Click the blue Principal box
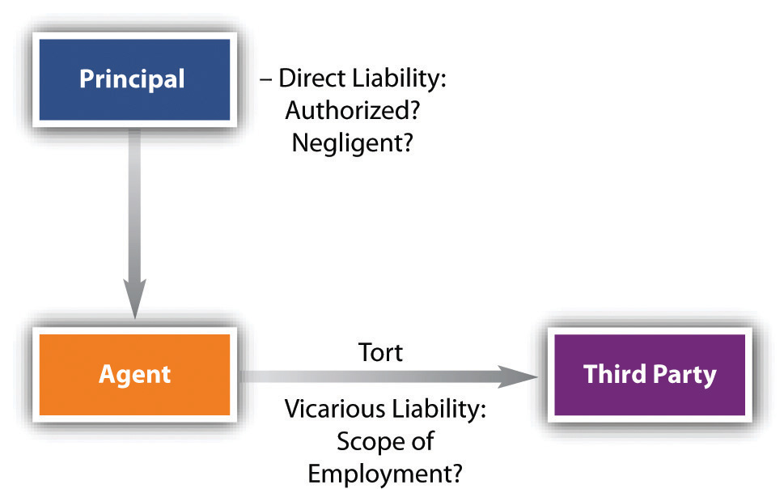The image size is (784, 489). coord(132,79)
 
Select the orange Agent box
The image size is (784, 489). coord(134,374)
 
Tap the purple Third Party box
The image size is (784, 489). coord(650,374)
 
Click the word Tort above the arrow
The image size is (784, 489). coord(380,353)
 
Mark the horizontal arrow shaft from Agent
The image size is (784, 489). coord(364,376)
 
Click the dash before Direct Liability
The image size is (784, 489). coord(266,79)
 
